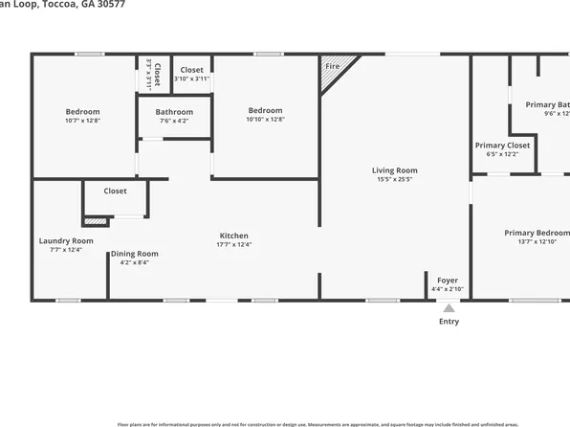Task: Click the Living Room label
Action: [x=395, y=170]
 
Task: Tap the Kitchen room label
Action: [x=234, y=236]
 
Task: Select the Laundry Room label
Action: [x=66, y=240]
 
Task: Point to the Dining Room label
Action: [x=135, y=254]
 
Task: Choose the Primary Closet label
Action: [x=502, y=146]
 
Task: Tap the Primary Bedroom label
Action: [x=537, y=233]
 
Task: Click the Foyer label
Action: [x=448, y=281]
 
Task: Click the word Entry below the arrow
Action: [x=449, y=322]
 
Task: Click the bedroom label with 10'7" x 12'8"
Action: [x=83, y=111]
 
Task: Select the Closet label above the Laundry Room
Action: [x=115, y=191]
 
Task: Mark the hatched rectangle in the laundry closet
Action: [x=96, y=221]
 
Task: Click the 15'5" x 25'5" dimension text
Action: [x=395, y=179]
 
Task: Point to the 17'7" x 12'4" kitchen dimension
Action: [x=234, y=244]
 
